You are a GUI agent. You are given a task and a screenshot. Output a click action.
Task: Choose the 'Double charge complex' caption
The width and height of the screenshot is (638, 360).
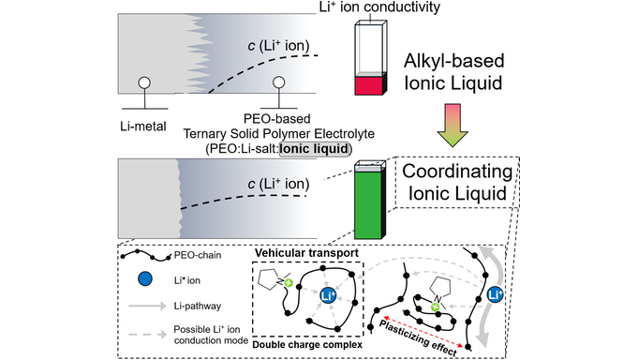tap(303, 345)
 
